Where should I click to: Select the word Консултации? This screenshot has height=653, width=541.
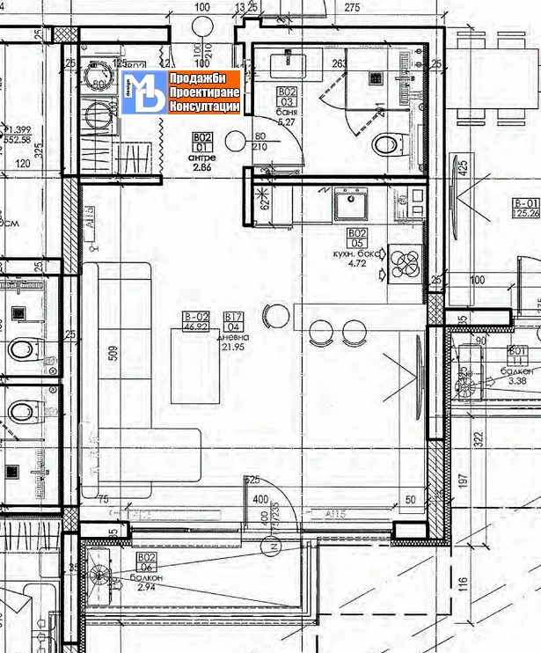203,106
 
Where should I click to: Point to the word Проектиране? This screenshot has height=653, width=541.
202,92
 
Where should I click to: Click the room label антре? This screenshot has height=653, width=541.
201,158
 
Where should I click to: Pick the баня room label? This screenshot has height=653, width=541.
286,114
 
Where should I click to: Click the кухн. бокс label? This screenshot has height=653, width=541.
356,253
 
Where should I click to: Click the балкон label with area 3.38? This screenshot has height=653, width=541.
516,372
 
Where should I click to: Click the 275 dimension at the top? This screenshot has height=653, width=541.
353,8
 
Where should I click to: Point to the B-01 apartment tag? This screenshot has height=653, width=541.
526,203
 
